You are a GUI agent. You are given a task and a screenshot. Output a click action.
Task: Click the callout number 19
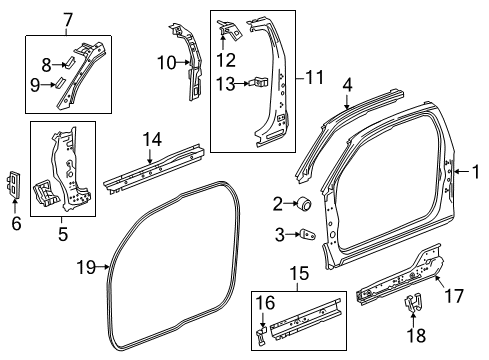coord(86,266)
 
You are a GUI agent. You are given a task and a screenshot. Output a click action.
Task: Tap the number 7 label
coord(68,20)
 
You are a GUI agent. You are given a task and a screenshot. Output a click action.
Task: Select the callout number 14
coord(151,139)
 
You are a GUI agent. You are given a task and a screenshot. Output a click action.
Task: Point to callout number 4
coord(346,86)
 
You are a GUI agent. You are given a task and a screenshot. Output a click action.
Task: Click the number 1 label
coord(476,171)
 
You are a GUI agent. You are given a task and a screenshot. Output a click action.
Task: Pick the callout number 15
coord(297,273)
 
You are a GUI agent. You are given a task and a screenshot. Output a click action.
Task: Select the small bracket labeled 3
coord(308,233)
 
